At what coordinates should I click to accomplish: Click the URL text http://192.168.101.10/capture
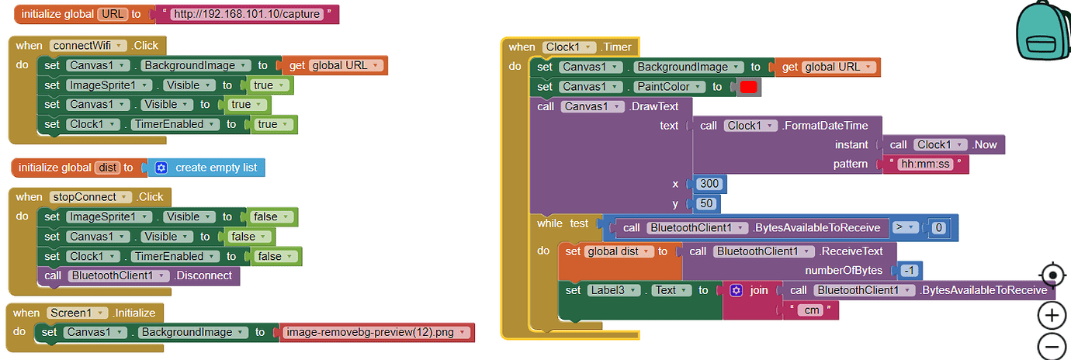[x=247, y=15]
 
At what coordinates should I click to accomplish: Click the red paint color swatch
[x=748, y=87]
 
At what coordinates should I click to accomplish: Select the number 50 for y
[x=707, y=204]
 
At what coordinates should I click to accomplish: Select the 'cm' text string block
[x=810, y=310]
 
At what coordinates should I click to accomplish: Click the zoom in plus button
[x=1052, y=315]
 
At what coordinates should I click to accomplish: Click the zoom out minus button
[x=1052, y=346]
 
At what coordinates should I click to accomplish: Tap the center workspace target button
[x=1052, y=275]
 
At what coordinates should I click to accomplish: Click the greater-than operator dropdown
[x=904, y=227]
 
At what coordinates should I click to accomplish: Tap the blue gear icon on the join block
[x=736, y=290]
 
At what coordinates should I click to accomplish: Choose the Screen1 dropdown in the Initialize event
[x=76, y=313]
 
